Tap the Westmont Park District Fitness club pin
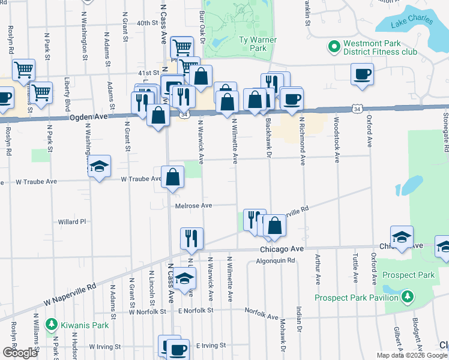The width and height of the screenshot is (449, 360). pos(333,46)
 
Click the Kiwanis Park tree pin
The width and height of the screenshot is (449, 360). pos(52,325)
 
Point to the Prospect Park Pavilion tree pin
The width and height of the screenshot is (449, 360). pos(408,296)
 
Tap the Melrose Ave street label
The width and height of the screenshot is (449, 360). pos(194,206)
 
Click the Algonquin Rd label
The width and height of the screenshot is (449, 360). pos(276,261)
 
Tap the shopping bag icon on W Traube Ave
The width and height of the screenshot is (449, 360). pos(172,177)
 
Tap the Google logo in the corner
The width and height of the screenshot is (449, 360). pos(19,353)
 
